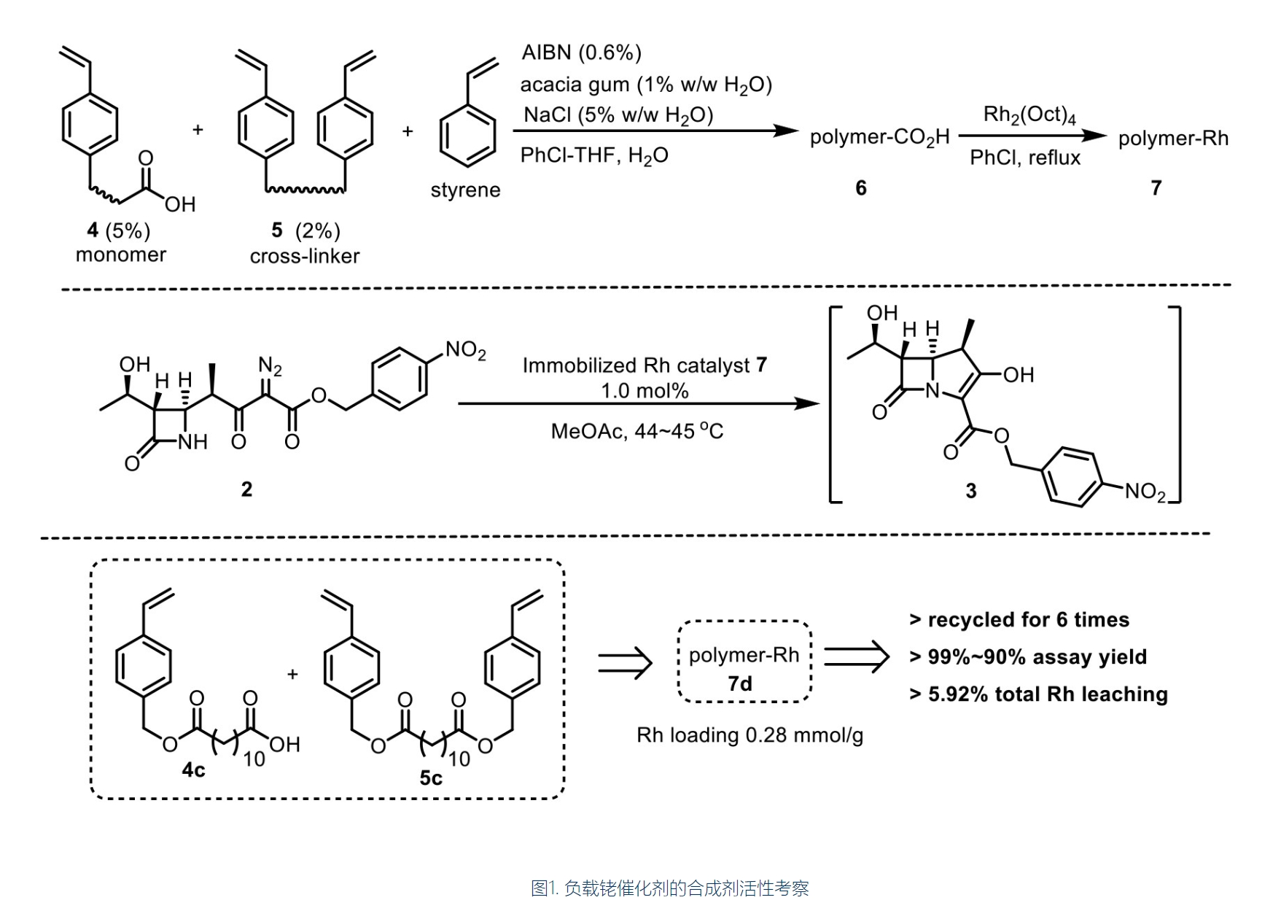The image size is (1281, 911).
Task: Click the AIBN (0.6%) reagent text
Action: click(581, 53)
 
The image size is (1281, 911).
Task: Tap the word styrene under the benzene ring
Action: click(465, 190)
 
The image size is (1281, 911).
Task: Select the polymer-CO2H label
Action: click(879, 138)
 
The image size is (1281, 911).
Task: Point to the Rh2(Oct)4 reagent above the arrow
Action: click(1029, 115)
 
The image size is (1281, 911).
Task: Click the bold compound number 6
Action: click(860, 188)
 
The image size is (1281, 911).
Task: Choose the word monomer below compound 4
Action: click(121, 255)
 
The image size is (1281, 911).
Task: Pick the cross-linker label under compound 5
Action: click(304, 256)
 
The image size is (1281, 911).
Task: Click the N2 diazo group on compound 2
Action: click(270, 365)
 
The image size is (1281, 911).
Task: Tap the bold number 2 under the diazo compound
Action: click(246, 489)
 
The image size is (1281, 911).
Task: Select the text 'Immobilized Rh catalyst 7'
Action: click(645, 365)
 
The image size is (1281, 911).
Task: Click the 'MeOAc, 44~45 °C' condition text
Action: click(636, 431)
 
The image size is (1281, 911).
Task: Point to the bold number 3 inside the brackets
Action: click(970, 491)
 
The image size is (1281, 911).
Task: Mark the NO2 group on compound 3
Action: click(1145, 492)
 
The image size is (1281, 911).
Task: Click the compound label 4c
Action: click(193, 769)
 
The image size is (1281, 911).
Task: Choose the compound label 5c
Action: click(430, 778)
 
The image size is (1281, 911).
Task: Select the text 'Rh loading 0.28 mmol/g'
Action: click(749, 734)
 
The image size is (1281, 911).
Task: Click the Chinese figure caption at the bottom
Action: click(669, 888)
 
